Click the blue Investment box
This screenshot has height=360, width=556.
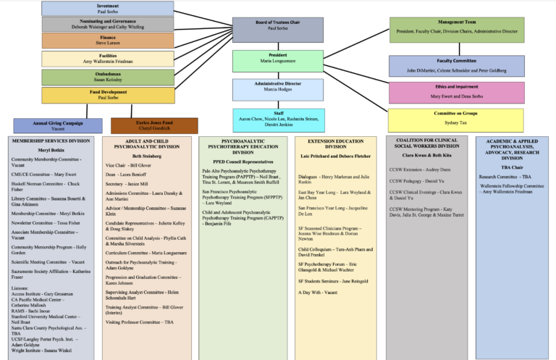coord(107,8)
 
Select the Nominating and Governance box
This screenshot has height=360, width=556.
coord(107,24)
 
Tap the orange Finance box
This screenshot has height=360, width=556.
coord(107,41)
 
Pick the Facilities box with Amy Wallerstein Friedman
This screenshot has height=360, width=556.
coord(107,59)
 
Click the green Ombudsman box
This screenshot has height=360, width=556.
coord(107,77)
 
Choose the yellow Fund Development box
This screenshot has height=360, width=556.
coord(107,94)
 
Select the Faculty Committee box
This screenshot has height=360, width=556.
coord(456,66)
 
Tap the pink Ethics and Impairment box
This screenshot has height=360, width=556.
coord(456,92)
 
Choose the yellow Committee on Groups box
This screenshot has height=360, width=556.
coord(456,120)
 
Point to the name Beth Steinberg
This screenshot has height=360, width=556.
coord(147,155)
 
